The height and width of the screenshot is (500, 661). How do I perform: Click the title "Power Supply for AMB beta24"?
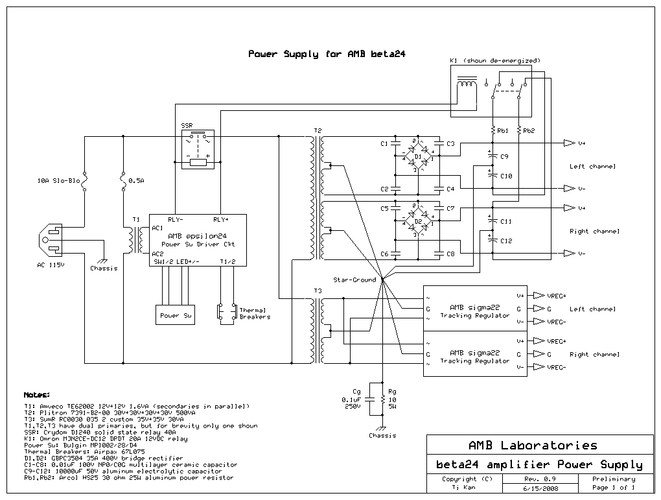click(x=327, y=54)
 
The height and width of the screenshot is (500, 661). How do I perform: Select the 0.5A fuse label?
click(x=136, y=182)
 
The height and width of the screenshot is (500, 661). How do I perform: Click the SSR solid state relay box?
click(x=198, y=149)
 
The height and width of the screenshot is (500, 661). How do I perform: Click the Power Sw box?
click(x=176, y=315)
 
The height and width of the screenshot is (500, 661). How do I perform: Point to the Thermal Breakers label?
click(x=255, y=313)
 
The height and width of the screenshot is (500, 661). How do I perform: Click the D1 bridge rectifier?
click(x=418, y=157)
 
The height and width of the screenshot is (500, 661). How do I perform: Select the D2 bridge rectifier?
click(x=418, y=222)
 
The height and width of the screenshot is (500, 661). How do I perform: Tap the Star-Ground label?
click(x=354, y=280)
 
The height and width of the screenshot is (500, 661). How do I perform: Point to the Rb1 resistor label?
click(x=502, y=130)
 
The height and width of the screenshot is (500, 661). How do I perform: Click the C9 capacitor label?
click(x=505, y=156)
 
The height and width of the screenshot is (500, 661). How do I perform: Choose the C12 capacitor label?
click(x=506, y=241)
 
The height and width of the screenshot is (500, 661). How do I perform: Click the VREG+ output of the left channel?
click(x=556, y=295)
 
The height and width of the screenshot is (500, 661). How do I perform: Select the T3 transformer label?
click(x=317, y=291)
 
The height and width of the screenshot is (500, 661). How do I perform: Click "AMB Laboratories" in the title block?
click(x=532, y=446)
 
